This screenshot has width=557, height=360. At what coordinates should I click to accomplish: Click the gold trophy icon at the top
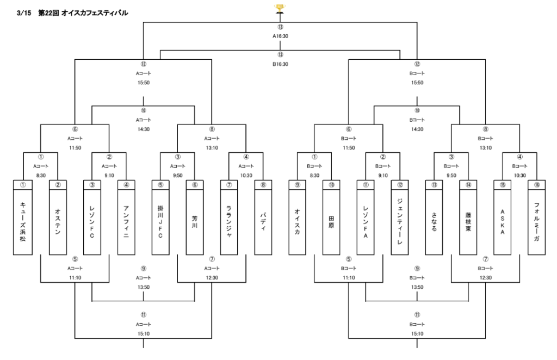280,8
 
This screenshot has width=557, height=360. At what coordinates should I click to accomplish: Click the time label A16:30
280,36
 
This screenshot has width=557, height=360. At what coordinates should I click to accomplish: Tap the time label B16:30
280,64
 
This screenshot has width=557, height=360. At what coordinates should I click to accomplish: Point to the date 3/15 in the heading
25,13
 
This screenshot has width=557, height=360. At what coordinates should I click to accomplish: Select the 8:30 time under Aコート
41,175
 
